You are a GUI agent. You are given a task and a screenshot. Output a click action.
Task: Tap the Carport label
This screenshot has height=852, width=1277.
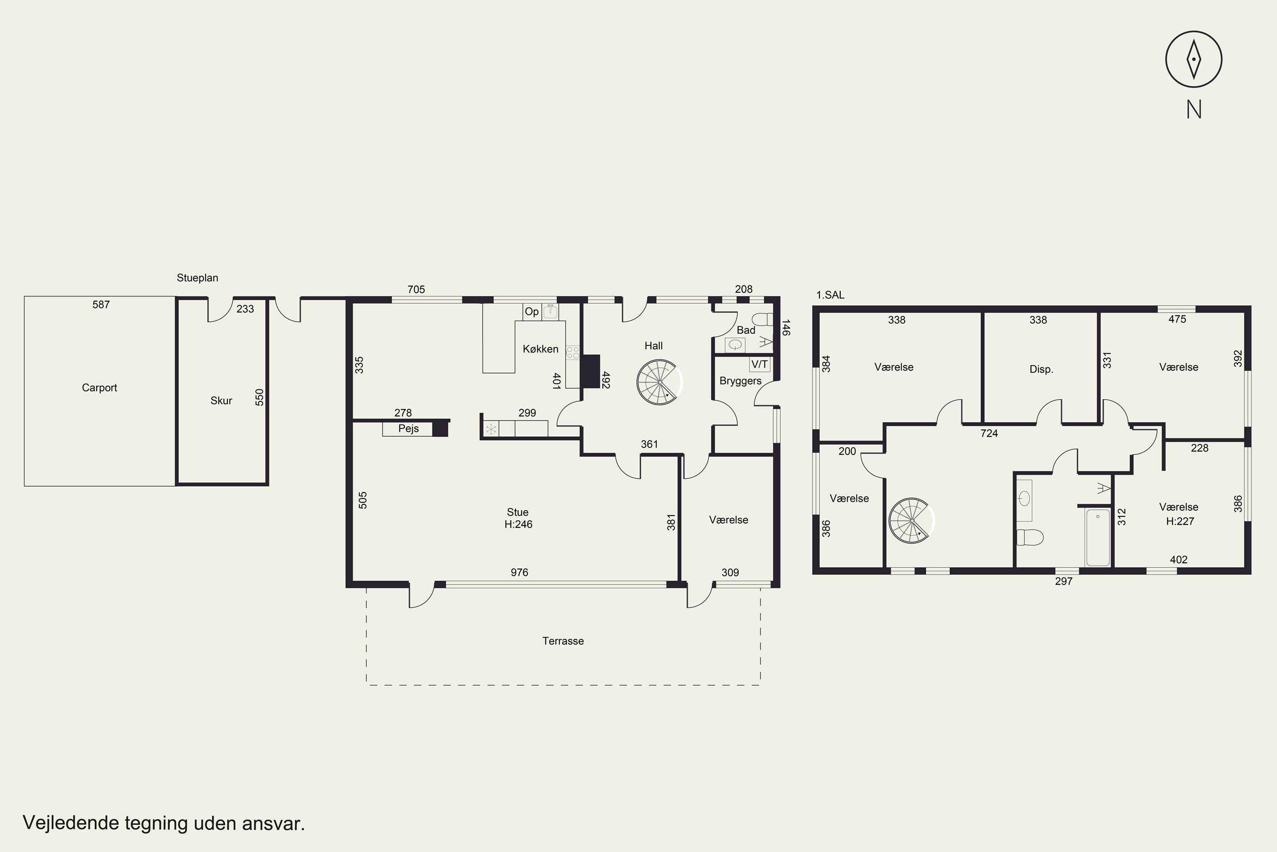pos(99,387)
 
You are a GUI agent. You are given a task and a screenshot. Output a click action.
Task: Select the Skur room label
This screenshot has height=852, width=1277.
pos(221,400)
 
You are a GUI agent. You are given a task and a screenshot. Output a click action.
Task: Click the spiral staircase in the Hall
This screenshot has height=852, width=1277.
pos(659,383)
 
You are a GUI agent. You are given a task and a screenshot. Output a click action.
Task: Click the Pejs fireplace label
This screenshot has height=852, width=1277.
pos(408,428)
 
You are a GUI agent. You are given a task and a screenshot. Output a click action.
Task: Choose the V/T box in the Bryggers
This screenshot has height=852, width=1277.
pos(759,364)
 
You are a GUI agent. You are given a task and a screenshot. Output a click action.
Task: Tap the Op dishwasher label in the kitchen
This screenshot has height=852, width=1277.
pos(532,311)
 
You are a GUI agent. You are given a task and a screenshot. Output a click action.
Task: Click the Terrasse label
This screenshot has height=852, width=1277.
pos(563,641)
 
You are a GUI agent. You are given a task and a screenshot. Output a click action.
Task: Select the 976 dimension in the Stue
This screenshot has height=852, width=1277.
pos(519,572)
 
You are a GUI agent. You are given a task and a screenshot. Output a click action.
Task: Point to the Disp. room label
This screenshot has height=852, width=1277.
pos(1041,369)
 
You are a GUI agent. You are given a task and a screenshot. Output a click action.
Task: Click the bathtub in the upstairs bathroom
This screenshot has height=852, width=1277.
pos(1098,537)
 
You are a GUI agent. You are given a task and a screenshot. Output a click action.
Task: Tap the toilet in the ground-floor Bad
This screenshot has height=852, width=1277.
pos(762,319)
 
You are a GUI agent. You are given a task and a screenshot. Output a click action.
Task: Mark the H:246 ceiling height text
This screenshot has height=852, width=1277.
pos(518,524)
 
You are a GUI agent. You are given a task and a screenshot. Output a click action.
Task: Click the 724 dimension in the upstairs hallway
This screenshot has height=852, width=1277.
pos(989,433)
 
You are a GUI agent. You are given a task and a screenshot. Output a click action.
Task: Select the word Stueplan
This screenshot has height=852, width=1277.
pos(197,278)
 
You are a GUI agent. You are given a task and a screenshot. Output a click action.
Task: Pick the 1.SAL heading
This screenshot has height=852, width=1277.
pos(830,295)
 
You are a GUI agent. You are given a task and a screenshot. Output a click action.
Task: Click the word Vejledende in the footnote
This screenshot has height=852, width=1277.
pos(71,823)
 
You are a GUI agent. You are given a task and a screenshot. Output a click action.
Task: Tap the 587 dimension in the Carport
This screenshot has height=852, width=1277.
pos(101,304)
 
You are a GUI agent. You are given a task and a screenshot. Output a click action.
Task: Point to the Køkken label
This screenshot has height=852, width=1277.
pos(540,349)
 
